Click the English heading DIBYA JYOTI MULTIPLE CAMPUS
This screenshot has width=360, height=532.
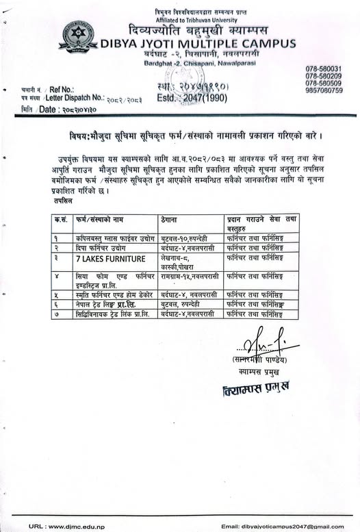coord(198,44)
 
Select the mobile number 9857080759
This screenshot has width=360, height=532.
coord(324,90)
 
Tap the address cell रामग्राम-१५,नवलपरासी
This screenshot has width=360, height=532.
coord(190,274)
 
